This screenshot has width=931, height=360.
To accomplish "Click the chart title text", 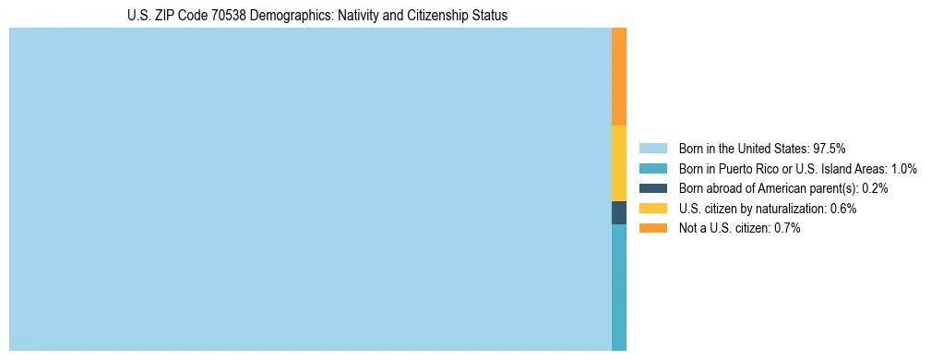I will [x=317, y=16].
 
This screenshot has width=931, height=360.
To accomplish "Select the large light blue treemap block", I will [x=310, y=189].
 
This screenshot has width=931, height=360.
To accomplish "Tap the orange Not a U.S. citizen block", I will [x=619, y=77].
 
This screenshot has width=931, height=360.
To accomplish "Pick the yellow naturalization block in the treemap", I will [x=619, y=163].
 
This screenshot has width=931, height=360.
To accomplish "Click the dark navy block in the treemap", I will [x=619, y=212].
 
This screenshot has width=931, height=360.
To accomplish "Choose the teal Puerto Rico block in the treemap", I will [x=619, y=287].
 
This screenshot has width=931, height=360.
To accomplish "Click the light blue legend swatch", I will [x=652, y=148].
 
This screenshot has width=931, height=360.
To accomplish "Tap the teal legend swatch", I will [x=652, y=168].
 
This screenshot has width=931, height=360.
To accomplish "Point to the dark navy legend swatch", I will [x=652, y=188].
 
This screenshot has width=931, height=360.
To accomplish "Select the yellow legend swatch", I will [x=652, y=209].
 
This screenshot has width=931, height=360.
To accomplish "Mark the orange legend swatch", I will [x=652, y=228].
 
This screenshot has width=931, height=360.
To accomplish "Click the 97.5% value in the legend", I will [x=829, y=148].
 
